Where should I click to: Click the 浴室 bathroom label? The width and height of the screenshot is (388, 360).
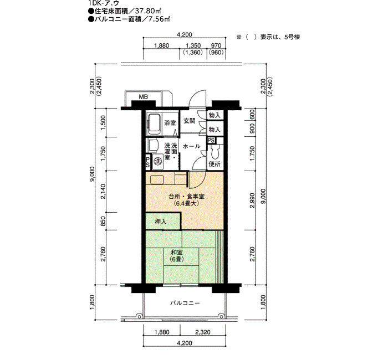click(x=170, y=122)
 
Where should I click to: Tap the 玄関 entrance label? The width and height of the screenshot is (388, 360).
click(x=190, y=121)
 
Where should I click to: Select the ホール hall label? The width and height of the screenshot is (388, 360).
click(x=191, y=146)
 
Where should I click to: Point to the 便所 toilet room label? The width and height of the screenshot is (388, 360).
click(x=215, y=164)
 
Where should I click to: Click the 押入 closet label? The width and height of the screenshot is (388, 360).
click(x=161, y=222)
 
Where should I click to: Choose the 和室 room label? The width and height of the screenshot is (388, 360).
click(x=177, y=252)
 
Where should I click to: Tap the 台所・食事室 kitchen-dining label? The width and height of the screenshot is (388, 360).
click(x=186, y=197)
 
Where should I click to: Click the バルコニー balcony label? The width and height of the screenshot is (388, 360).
click(x=185, y=303)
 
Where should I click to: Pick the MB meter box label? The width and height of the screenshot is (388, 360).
click(x=143, y=97)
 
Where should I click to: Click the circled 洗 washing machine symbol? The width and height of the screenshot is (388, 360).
click(x=157, y=161)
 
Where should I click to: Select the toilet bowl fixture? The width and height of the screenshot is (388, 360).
click(x=215, y=152)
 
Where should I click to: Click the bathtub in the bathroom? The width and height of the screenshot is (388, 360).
click(x=155, y=124)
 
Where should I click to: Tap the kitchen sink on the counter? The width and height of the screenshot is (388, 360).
click(x=156, y=179)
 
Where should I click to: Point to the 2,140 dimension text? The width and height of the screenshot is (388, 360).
click(x=103, y=192)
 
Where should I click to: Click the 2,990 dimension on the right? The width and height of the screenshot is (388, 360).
click(x=252, y=200)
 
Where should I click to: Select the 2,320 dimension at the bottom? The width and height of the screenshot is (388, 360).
click(x=203, y=332)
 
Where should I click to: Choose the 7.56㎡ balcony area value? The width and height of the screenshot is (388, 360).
click(x=159, y=19)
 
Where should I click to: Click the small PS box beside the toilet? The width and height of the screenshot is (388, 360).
click(x=211, y=141)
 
